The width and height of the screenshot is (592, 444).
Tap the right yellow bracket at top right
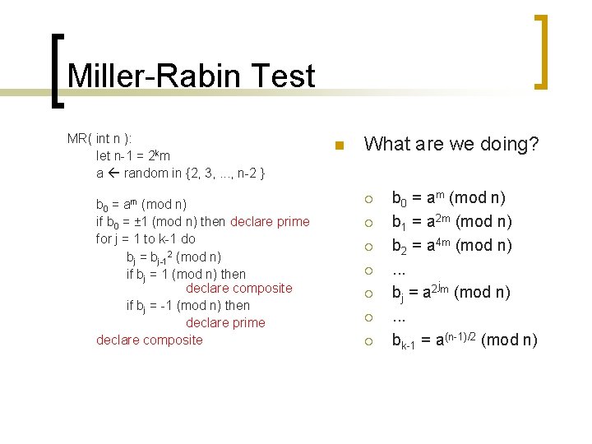point(540,51)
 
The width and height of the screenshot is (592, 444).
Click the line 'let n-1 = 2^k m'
point(133,155)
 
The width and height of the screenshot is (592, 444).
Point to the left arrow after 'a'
point(113,173)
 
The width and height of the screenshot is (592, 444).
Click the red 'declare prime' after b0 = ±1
point(270,221)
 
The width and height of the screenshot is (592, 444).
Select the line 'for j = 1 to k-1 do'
point(146,238)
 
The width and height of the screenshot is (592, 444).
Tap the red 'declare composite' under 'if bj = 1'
point(238,288)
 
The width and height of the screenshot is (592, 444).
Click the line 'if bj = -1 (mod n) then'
point(188,305)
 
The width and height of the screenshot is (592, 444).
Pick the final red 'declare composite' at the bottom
point(149,340)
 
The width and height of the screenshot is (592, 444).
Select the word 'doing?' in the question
point(509,145)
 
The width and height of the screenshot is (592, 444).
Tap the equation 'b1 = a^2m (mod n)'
point(451,222)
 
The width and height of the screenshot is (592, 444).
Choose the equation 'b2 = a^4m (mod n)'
point(451,245)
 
